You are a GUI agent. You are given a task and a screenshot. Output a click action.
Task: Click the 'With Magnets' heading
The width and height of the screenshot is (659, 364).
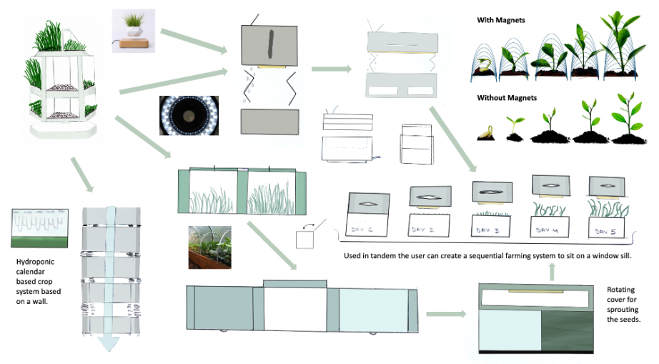click(x=501, y=20)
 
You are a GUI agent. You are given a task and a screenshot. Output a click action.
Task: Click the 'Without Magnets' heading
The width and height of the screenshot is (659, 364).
click(x=507, y=97)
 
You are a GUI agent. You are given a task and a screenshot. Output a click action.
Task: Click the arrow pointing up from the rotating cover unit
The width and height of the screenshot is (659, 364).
click(x=552, y=270)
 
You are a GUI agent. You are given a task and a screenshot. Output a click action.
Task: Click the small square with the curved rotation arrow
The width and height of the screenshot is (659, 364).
click(x=305, y=238)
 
